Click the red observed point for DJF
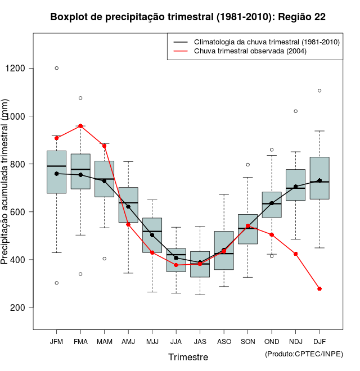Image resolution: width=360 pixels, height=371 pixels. tap(319, 288)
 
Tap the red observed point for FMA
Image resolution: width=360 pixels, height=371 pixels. tap(80, 126)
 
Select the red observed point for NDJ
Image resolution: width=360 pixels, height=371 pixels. tap(295, 254)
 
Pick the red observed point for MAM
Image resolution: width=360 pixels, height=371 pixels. tap(104, 146)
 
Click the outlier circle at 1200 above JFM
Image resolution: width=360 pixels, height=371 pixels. tap(56, 68)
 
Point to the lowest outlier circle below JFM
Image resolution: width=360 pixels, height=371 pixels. tap(56, 283)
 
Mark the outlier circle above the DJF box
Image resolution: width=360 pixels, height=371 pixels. tap(319, 91)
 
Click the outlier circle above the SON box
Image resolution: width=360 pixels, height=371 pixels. tap(247, 165)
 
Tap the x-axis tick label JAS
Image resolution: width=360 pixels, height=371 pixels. tap(200, 341)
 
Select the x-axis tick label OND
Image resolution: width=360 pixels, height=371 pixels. tap(272, 341)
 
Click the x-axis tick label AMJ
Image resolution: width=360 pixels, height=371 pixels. tap(128, 341)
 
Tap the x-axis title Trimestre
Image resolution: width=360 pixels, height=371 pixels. tap(188, 357)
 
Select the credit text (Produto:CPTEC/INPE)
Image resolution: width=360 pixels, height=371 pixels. tap(304, 353)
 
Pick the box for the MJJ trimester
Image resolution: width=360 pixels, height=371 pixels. tap(152, 235)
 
